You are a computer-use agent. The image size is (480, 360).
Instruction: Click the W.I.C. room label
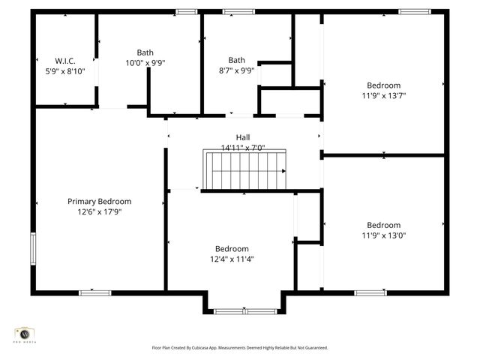coord(64,60)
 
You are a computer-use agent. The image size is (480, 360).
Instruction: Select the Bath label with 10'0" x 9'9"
coord(145,52)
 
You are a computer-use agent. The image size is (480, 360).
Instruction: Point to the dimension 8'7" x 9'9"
coord(236,71)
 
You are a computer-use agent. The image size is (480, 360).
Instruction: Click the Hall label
coord(243,137)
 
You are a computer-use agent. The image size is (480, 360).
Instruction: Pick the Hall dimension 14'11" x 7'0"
coord(243,148)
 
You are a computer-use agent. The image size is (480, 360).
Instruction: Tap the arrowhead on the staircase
coord(283,172)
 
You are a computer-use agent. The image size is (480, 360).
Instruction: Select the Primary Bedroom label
coord(99,201)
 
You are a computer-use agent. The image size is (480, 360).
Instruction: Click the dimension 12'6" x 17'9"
coord(99,212)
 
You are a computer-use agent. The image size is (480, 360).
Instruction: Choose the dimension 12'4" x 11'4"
coord(232,259)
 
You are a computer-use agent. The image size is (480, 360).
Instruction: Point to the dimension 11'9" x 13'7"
coord(383,95)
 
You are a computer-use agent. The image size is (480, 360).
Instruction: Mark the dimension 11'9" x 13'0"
coord(383,235)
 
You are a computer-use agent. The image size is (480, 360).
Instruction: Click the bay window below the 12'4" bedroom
coord(244,310)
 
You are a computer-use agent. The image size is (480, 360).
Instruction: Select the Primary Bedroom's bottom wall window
coord(95,292)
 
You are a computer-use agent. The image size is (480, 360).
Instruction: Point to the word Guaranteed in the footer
coord(315,348)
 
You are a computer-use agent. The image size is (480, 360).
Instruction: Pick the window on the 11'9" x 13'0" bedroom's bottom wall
coord(370,292)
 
